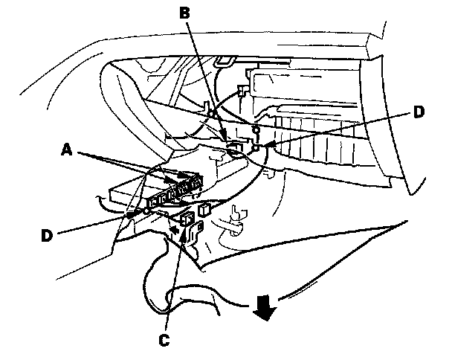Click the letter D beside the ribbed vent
419,112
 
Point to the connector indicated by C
187,219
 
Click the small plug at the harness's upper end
241,91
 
